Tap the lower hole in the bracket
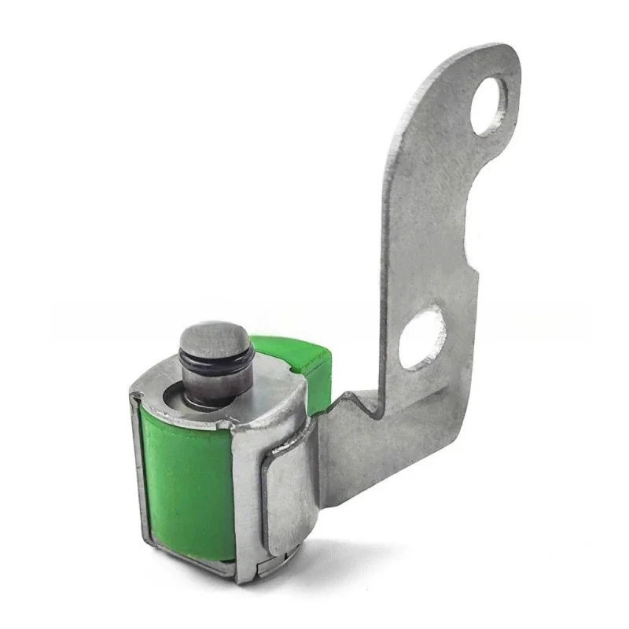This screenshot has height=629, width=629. coord(420,336)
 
